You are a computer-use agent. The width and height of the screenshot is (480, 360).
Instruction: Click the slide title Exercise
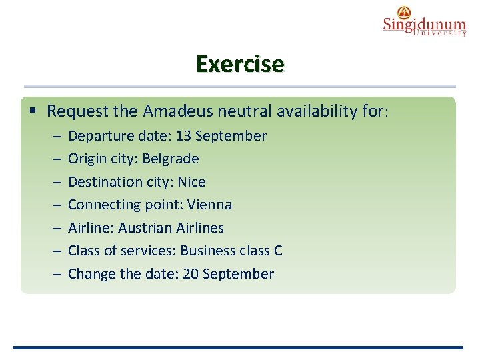(240, 64)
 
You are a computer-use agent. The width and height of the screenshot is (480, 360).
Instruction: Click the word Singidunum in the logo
(424, 25)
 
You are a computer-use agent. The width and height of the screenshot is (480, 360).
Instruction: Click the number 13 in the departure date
(184, 136)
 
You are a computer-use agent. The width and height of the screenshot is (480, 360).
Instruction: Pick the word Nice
(191, 182)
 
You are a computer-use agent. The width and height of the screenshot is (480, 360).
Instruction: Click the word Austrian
(145, 228)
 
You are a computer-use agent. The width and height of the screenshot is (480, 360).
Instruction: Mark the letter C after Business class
(278, 251)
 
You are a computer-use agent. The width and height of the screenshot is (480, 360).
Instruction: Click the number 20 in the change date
(191, 274)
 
